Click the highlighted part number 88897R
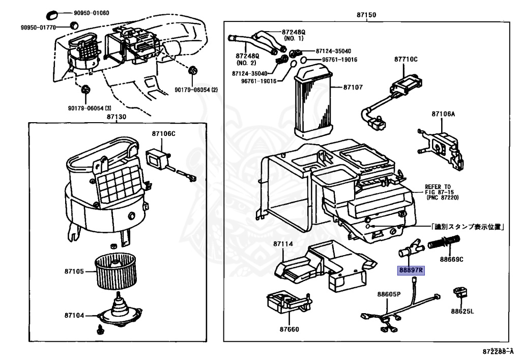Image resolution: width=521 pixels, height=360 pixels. click(410, 270)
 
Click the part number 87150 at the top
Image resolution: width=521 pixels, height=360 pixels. click(366, 15)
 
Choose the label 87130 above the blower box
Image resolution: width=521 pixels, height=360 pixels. click(116, 117)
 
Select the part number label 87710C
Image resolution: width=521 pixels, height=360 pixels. click(406, 60)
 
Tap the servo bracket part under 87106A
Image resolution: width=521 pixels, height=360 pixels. click(442, 144)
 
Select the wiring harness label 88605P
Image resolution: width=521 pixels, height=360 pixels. click(389, 294)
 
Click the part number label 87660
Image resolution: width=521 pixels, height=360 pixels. click(288, 328)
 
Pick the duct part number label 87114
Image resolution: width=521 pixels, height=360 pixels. click(283, 244)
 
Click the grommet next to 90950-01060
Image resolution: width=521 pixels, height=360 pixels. click(53, 12)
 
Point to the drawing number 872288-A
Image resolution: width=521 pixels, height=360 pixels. click(499, 351)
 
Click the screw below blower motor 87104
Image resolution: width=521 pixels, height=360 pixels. click(100, 330)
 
